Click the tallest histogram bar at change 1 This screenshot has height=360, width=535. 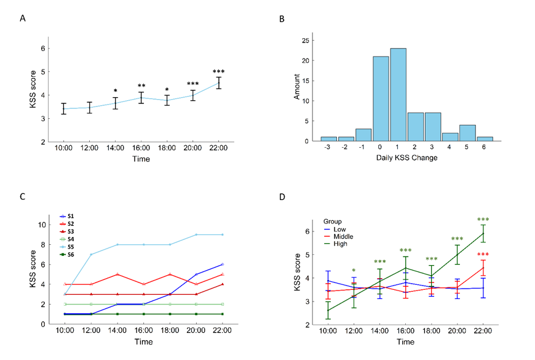[398, 95]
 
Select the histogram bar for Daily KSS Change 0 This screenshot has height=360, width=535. [381, 98]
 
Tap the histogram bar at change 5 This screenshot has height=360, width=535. [467, 133]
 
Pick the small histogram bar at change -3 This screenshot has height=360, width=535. [328, 139]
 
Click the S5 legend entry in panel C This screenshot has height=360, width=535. [67, 247]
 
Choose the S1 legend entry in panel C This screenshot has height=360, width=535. [67, 216]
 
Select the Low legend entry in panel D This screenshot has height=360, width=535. [335, 230]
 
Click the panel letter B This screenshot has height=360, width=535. [282, 19]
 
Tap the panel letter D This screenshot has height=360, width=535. [282, 197]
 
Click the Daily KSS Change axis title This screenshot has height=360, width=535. [406, 158]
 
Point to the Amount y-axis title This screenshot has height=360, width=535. [296, 87]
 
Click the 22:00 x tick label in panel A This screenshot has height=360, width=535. [218, 148]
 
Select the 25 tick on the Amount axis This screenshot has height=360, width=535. [306, 41]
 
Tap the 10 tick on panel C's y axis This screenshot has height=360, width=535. [42, 225]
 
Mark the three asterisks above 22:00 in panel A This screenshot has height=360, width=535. [219, 72]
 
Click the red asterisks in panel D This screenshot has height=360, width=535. [483, 254]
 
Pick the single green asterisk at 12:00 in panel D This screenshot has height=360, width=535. [354, 271]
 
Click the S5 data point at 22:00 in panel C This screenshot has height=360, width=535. [223, 234]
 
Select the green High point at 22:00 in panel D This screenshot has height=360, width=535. [483, 234]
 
